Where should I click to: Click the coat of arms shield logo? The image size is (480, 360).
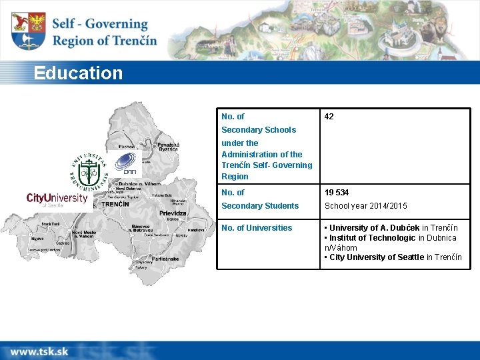click(29, 31)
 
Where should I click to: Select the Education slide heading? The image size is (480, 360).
click(79, 73)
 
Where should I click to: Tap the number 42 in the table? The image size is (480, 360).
click(329, 117)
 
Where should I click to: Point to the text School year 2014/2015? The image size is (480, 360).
click(365, 206)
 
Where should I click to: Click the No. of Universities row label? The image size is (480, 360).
click(257, 228)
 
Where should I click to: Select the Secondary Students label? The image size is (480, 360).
click(259, 206)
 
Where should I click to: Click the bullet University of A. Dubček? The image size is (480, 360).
click(391, 228)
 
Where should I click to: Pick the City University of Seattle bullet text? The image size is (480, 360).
click(393, 257)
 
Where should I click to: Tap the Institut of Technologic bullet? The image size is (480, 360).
click(390, 238)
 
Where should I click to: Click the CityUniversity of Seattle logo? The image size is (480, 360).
click(57, 199)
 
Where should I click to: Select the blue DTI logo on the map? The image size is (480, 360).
click(127, 163)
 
